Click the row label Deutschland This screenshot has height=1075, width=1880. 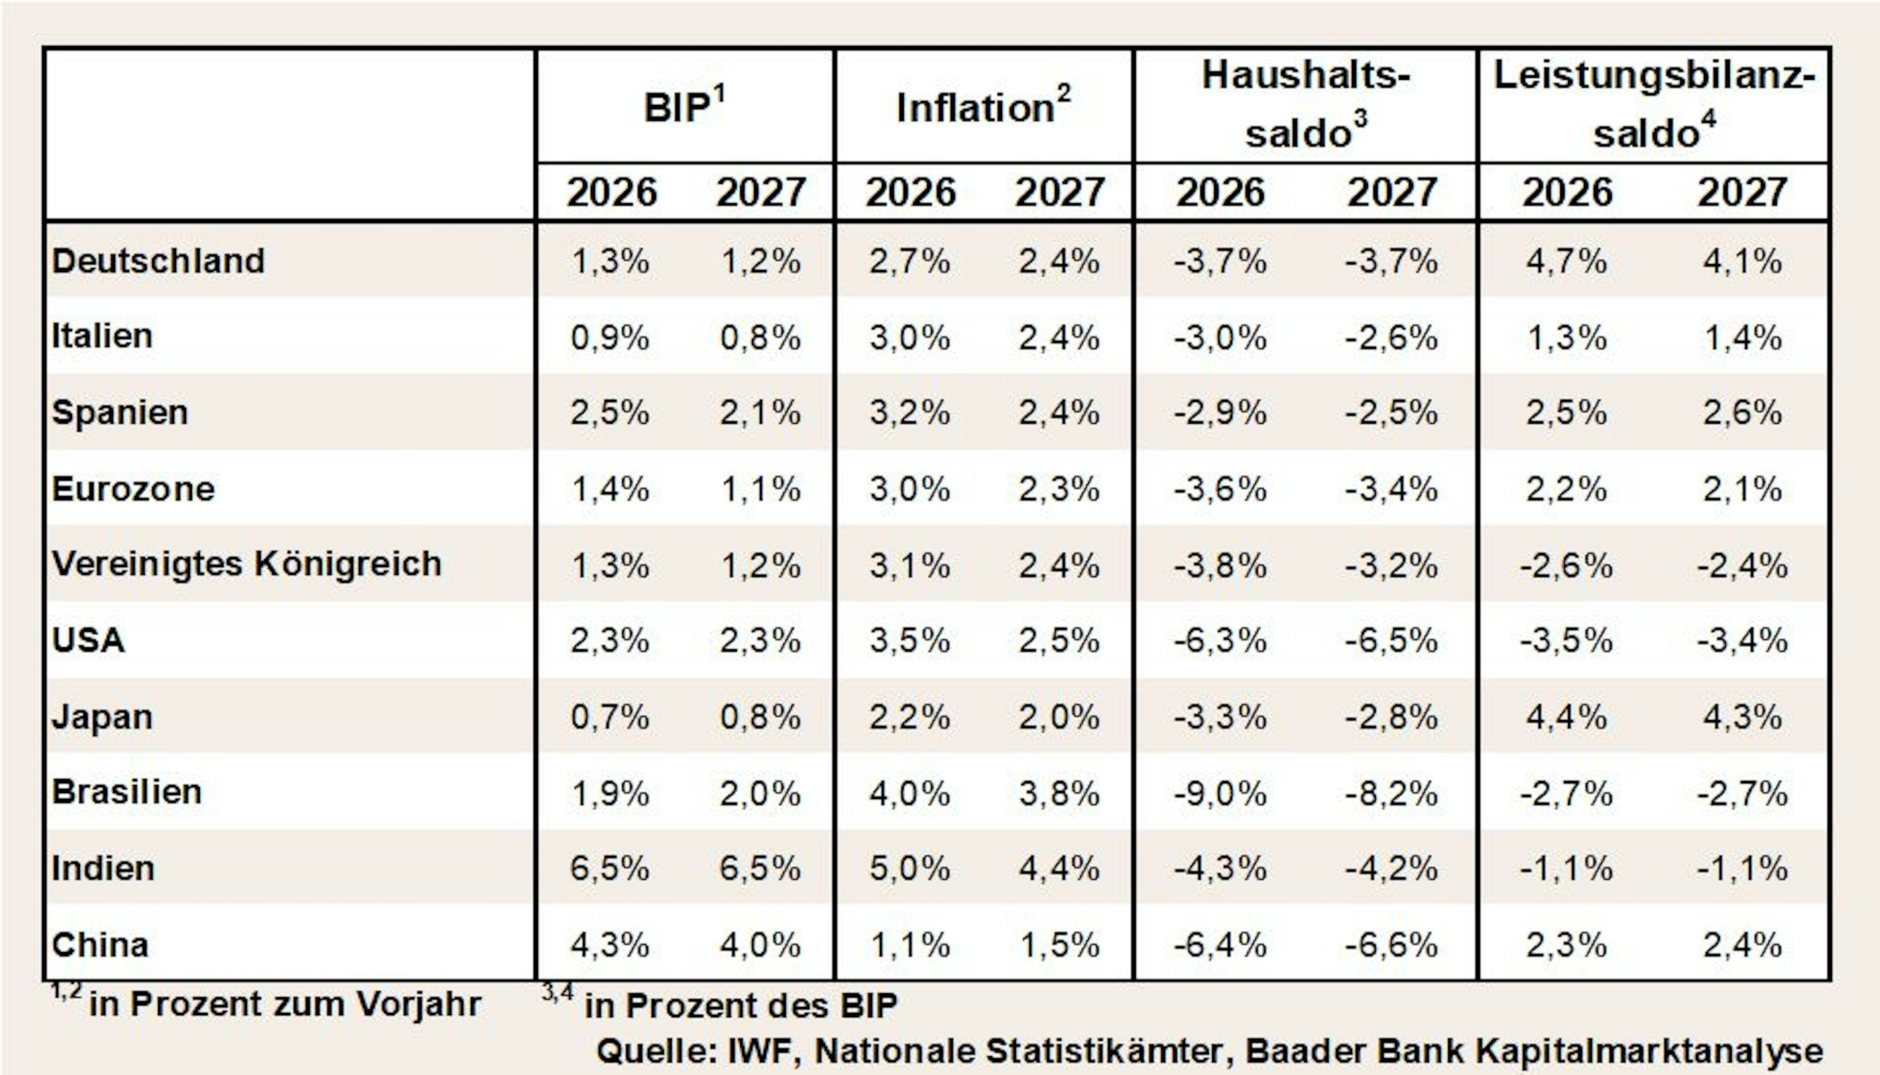[158, 261]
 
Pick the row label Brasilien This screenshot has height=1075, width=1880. [126, 792]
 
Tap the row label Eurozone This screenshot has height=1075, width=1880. [133, 489]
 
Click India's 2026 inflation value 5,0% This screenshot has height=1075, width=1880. [909, 868]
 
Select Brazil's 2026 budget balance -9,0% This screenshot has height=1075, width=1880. [1221, 793]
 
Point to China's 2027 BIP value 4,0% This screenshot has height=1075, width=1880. [760, 945]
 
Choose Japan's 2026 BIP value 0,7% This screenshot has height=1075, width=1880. [610, 717]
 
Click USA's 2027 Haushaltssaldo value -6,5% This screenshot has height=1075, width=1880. [1391, 640]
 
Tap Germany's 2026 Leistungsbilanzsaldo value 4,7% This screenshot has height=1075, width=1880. [1567, 261]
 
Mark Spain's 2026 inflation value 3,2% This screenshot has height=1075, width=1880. [909, 412]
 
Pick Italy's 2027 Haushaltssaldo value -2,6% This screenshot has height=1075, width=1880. [1391, 338]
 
